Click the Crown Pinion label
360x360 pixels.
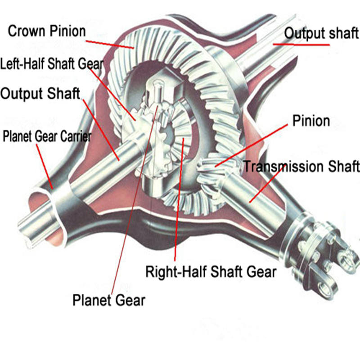click(47, 31)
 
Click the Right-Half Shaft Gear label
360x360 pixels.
click(211, 271)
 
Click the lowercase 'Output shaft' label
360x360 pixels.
click(321, 34)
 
